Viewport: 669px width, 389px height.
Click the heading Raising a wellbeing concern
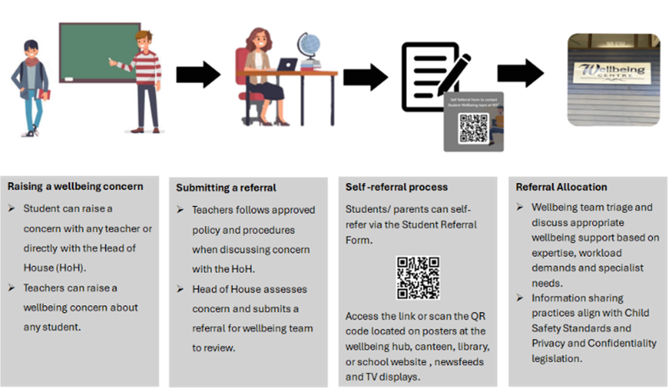[75, 186]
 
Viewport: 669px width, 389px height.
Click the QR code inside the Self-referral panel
[417, 277]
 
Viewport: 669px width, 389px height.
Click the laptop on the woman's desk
[287, 64]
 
